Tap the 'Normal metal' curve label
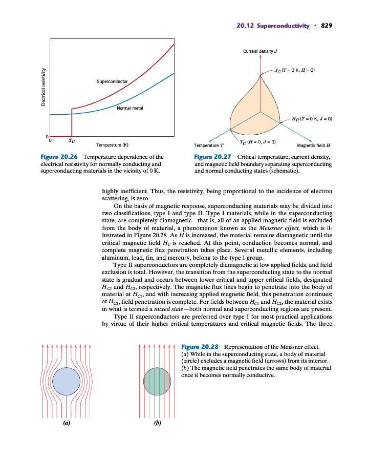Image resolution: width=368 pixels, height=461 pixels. pos(130,108)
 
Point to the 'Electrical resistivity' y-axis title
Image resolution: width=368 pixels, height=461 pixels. pos(44,88)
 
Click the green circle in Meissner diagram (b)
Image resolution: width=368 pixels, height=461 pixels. pos(158,381)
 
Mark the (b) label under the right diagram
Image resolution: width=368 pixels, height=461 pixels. pos(158,423)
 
